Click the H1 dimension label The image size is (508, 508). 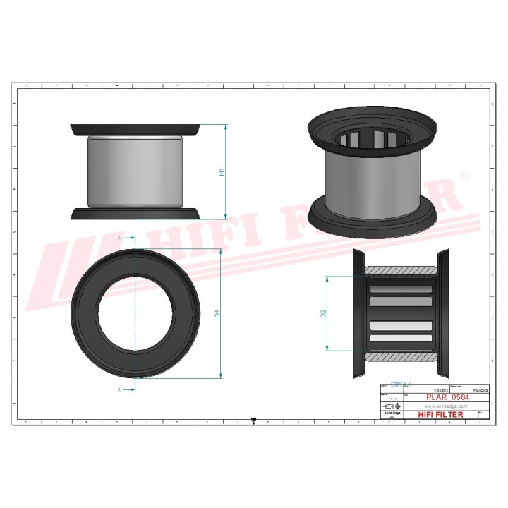[x=222, y=171]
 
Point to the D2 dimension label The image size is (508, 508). [x=323, y=313]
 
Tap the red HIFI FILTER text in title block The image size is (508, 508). [x=441, y=415]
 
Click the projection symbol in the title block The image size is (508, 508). [x=389, y=408]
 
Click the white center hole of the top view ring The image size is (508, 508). [x=134, y=313]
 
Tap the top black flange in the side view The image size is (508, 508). [x=135, y=130]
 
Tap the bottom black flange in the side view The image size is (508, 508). [x=135, y=214]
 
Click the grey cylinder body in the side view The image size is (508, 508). [x=135, y=171]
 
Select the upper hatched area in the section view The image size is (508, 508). [x=401, y=271]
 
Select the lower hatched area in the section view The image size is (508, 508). [x=401, y=356]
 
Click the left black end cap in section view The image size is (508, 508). [x=358, y=313]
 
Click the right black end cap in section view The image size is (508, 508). [x=444, y=313]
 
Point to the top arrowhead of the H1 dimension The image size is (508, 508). [x=226, y=128]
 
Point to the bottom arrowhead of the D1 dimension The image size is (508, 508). [x=222, y=375]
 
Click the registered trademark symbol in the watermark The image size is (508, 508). [x=464, y=174]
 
